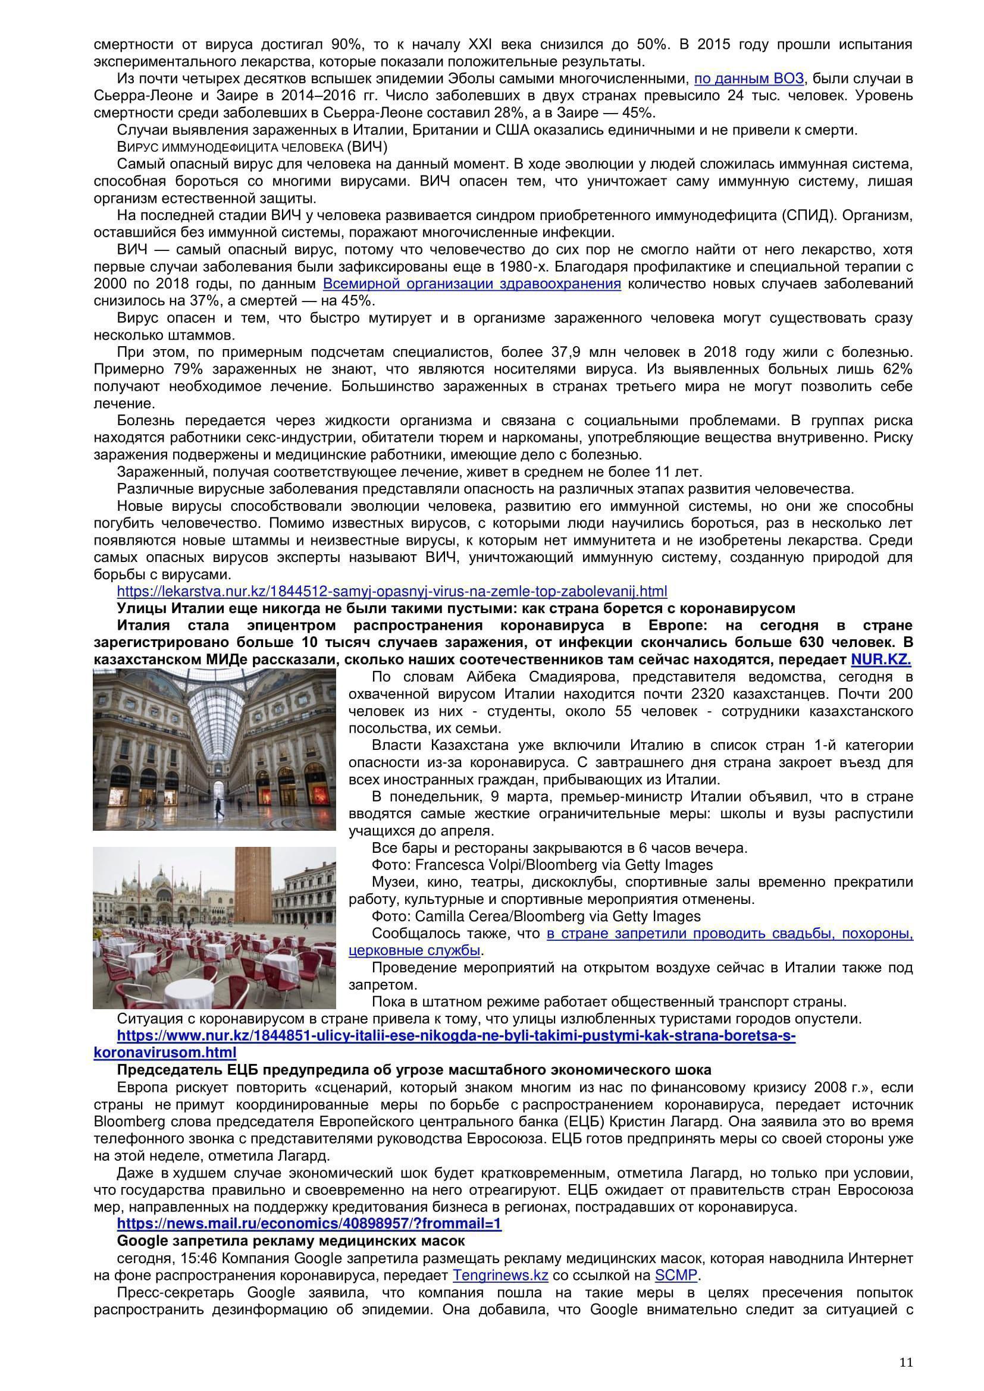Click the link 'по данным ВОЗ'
(x=749, y=78)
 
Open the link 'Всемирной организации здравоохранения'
(x=471, y=284)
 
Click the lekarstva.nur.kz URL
(x=392, y=591)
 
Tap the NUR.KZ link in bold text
(x=881, y=659)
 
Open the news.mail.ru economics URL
(x=309, y=1224)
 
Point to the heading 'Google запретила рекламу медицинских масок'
(x=291, y=1241)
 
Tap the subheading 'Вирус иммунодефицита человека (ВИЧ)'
(x=252, y=147)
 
